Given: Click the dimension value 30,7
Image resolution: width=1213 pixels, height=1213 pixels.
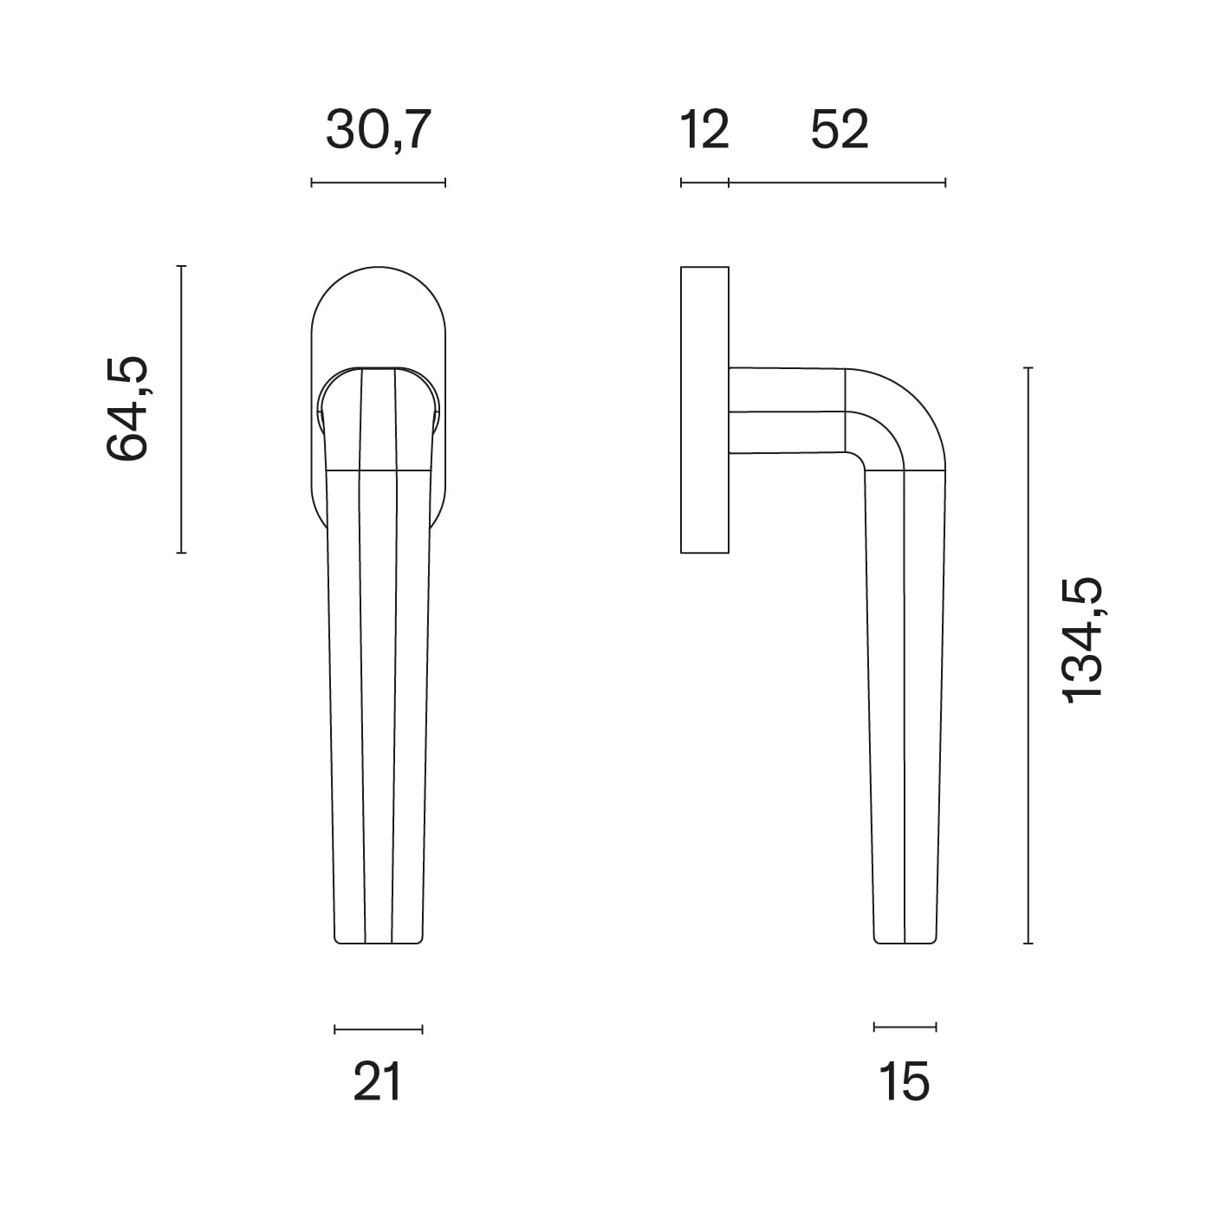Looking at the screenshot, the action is point(379,130).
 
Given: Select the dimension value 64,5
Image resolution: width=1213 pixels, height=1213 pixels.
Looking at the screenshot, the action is point(127,409).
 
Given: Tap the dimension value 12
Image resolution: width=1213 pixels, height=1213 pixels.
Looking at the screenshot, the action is point(704,130).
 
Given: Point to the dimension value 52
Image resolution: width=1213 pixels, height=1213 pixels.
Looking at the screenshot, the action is point(840,130).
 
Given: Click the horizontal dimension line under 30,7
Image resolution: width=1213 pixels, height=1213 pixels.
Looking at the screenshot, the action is point(379,183).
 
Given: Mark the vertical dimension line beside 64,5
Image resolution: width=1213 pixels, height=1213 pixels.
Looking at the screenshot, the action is point(181,410).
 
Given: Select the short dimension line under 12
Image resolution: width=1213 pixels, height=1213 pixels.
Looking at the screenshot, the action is point(704,183).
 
